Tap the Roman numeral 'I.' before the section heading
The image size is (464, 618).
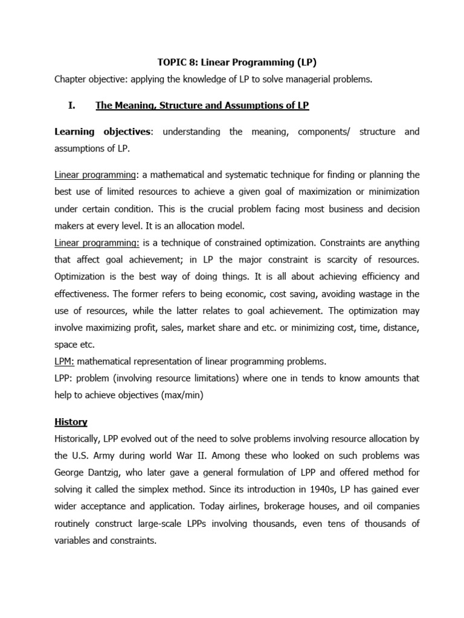click(x=72, y=106)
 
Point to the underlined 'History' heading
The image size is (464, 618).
click(x=71, y=421)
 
